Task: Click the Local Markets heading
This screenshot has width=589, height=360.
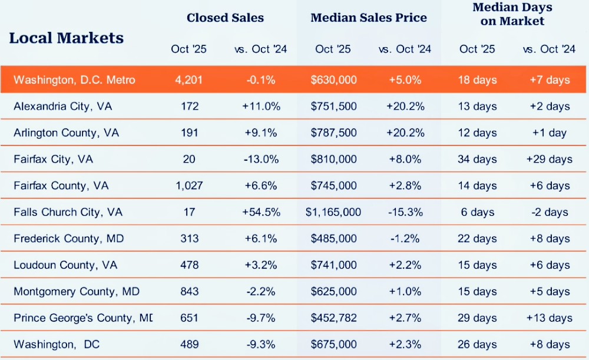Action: pos(67,38)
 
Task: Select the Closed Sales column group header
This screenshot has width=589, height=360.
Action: pos(225,18)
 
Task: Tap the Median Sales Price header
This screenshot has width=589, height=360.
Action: pos(369,18)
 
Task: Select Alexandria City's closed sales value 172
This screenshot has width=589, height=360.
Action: pos(190,107)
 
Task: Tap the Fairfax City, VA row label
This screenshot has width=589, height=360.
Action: pos(53,159)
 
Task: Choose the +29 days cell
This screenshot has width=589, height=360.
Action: pos(549,159)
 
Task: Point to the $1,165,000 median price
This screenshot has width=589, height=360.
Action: pos(333,212)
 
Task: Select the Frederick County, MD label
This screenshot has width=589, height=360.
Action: pos(68,239)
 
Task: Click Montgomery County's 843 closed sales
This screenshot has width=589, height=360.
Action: pos(190,292)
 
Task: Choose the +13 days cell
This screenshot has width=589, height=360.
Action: pos(549,318)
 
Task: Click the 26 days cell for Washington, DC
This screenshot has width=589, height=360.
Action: pos(478,345)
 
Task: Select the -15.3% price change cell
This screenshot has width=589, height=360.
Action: pos(405,212)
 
